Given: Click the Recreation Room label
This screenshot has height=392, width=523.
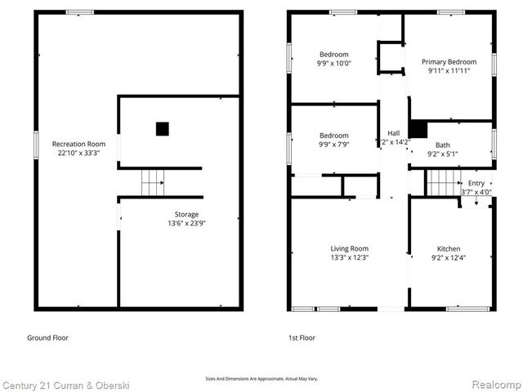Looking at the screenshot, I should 78,144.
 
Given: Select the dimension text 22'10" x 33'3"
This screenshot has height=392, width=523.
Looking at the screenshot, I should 78,153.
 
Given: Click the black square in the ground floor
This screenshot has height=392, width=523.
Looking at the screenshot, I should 162,128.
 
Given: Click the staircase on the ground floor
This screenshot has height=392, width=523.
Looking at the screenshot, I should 153,183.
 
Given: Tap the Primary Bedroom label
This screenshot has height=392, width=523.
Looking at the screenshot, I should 449,62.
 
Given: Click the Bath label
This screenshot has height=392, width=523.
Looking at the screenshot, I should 442,145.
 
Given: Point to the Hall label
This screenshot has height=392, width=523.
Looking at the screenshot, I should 393,133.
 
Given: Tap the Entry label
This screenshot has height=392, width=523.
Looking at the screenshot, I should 476,183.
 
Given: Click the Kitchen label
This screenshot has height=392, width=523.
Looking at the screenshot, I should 449,249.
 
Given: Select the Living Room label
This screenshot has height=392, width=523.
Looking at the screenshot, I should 349,249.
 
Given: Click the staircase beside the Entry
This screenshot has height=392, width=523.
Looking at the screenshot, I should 442,183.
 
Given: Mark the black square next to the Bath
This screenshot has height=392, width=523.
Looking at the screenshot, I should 418,129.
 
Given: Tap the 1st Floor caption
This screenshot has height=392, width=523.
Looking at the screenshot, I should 301,337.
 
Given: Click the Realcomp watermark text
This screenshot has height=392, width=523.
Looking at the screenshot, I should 494,384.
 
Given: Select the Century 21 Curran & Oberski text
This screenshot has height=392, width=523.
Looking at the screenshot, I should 65,384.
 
